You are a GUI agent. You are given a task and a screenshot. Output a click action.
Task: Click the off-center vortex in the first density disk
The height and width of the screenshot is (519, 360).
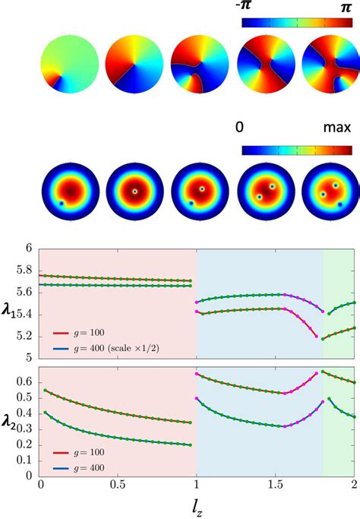(62, 203)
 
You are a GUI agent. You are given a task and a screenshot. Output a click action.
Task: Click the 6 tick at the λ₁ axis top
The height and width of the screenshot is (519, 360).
(27, 248)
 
